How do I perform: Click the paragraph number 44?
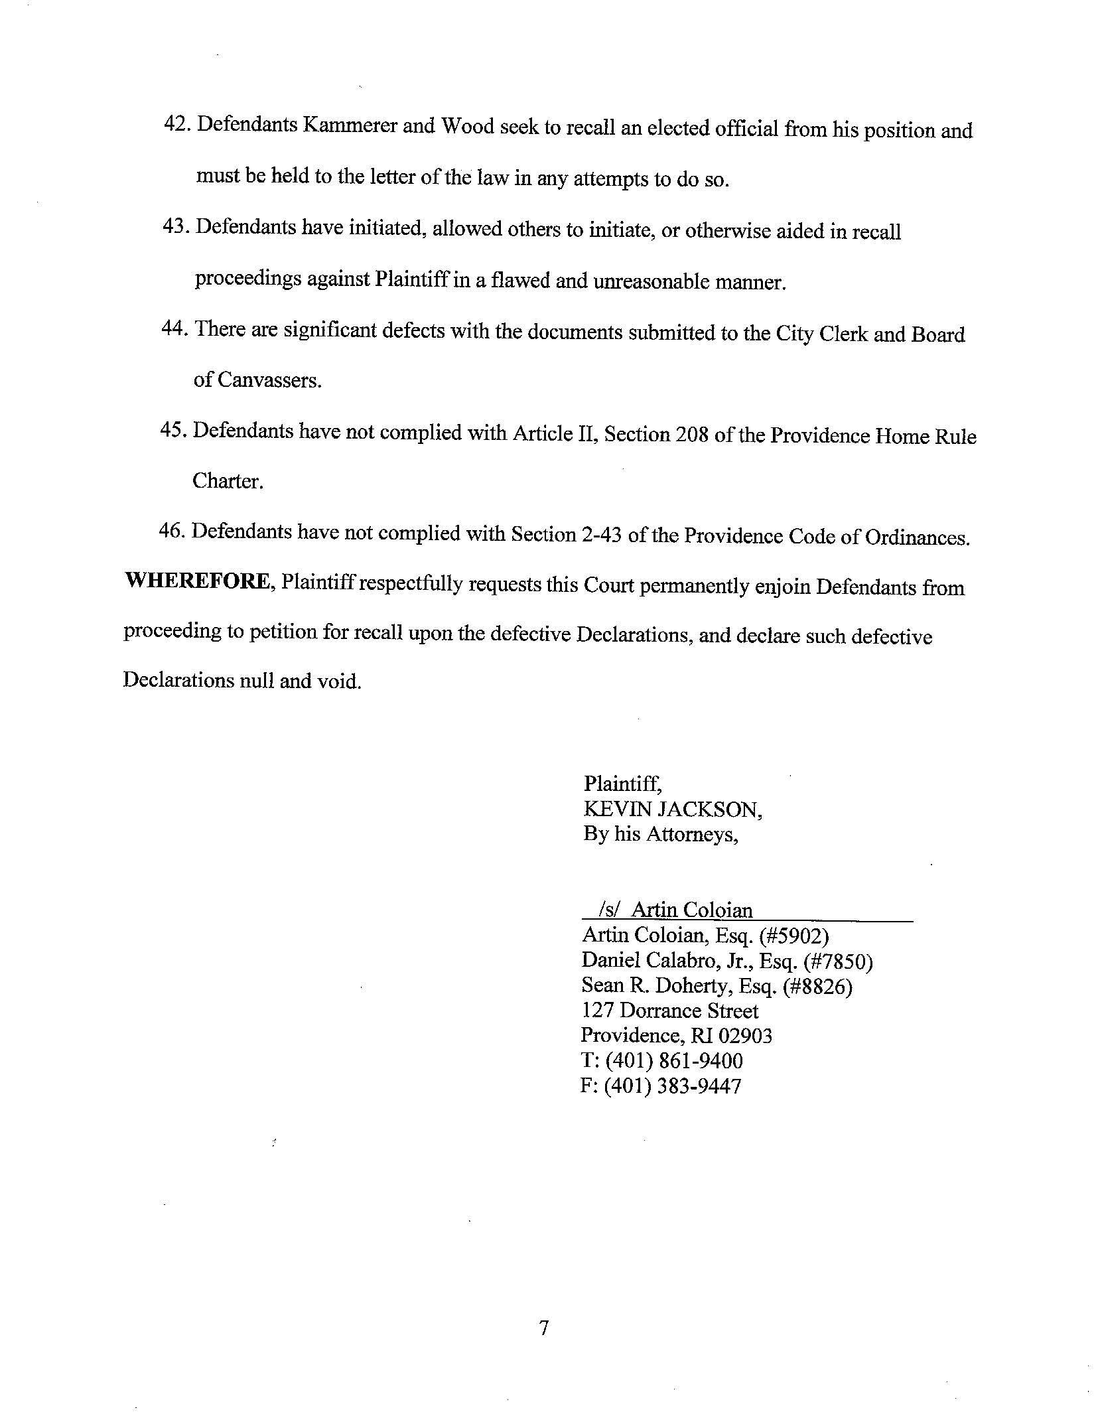[175, 329]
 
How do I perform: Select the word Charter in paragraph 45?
[228, 482]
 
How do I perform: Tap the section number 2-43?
[600, 535]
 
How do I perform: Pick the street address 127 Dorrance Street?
[669, 1011]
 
